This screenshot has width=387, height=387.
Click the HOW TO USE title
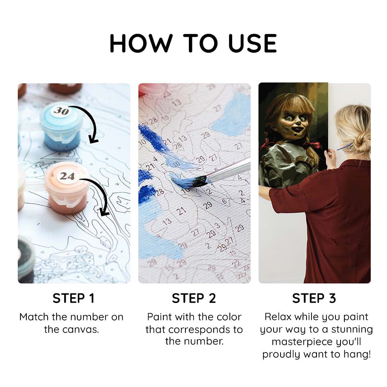[193, 43]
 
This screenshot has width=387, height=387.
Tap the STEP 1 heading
[74, 298]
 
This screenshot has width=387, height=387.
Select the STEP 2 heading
[194, 298]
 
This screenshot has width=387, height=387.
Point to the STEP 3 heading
[314, 298]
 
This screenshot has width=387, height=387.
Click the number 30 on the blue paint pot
[60, 111]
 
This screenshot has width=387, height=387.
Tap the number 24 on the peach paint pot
[67, 176]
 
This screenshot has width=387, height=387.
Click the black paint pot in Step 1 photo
[26, 259]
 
